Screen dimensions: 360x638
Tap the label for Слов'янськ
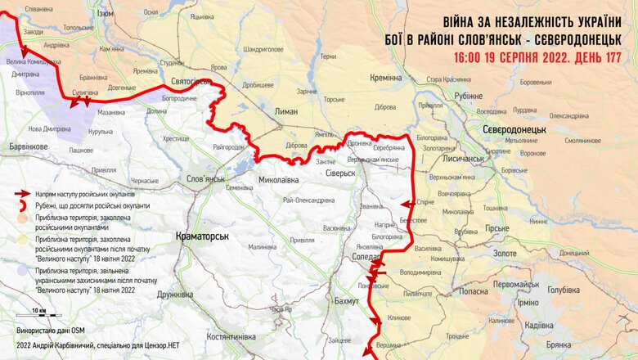205,178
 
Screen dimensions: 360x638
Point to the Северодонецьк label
514,130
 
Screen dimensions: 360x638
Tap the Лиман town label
286,111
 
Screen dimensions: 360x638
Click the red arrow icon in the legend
23,195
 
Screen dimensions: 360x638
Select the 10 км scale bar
39,315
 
